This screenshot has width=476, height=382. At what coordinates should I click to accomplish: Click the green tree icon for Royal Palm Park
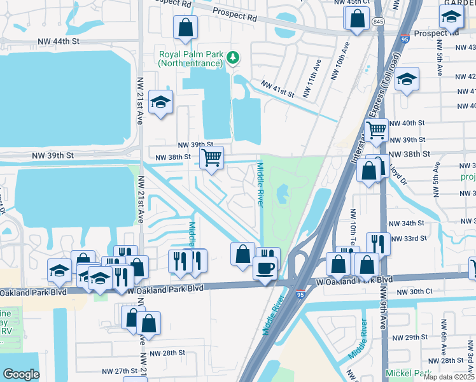tap(234, 58)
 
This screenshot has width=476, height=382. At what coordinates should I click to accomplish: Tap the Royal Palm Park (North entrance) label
tap(192, 59)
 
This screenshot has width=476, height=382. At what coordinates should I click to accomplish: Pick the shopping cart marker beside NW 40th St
tap(377, 130)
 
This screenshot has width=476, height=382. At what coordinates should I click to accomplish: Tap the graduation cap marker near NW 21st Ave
tap(161, 102)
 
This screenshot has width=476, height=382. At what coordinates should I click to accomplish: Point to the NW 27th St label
tap(120, 370)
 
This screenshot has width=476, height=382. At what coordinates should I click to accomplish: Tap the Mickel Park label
tap(407, 372)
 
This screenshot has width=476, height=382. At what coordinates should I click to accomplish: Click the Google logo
tap(21, 374)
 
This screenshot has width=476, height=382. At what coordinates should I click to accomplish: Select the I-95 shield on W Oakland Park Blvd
tap(300, 294)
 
